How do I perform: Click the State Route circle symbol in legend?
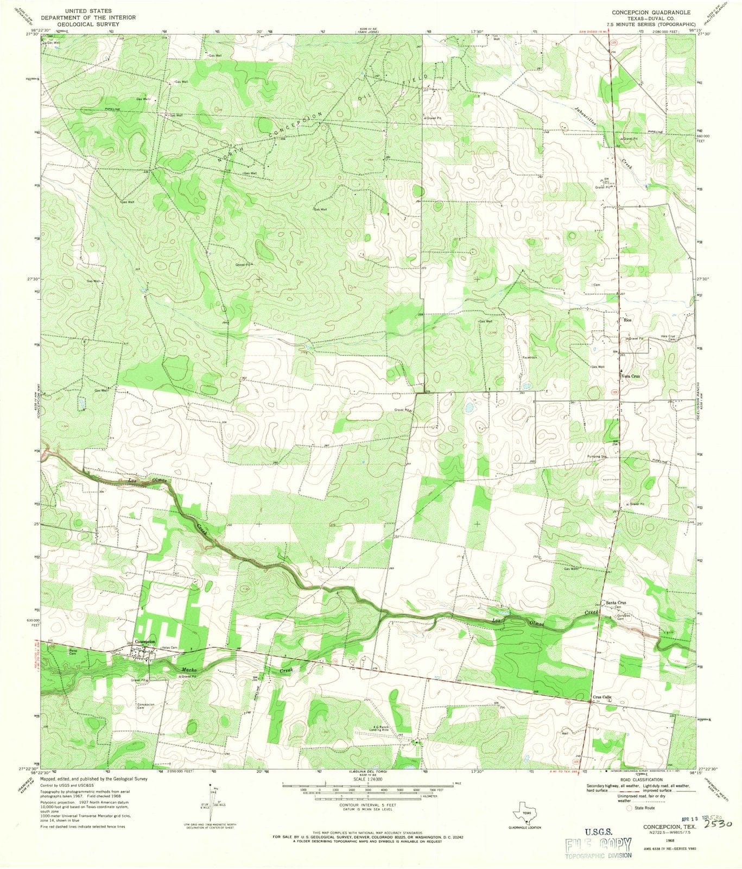pyautogui.click(x=630, y=808)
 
